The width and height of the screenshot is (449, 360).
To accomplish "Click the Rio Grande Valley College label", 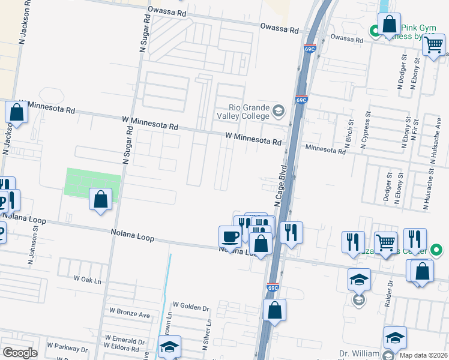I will (x=242, y=108).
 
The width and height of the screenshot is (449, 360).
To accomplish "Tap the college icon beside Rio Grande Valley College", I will (x=278, y=110).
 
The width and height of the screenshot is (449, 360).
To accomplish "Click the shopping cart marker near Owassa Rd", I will (x=433, y=44).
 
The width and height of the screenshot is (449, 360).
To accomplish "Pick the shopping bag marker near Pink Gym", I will (x=389, y=25).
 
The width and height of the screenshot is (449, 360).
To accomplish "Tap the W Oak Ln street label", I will (x=88, y=279).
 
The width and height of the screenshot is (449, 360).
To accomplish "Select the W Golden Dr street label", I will (x=190, y=307).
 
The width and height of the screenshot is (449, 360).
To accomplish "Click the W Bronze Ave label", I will (x=129, y=313).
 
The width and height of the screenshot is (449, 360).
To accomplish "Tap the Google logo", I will (x=20, y=353).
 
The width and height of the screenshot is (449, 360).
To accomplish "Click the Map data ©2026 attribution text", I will (x=423, y=355).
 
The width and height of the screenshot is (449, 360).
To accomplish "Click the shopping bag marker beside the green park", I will (x=100, y=199).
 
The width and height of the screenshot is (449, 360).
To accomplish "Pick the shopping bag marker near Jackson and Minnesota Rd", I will (x=16, y=112).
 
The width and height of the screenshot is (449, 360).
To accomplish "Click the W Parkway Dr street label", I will (x=67, y=347).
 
